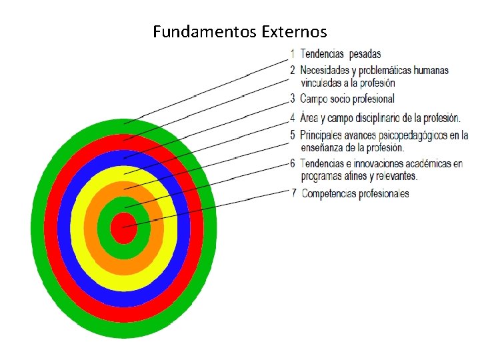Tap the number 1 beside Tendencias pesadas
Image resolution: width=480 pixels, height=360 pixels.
[293, 54]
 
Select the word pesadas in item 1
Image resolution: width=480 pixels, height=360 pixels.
[365, 54]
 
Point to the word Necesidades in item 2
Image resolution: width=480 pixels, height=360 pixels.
[327, 69]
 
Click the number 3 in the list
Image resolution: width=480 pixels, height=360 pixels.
[293, 99]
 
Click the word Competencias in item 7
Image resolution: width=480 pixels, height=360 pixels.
[331, 194]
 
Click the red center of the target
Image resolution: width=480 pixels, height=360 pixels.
[123, 229]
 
